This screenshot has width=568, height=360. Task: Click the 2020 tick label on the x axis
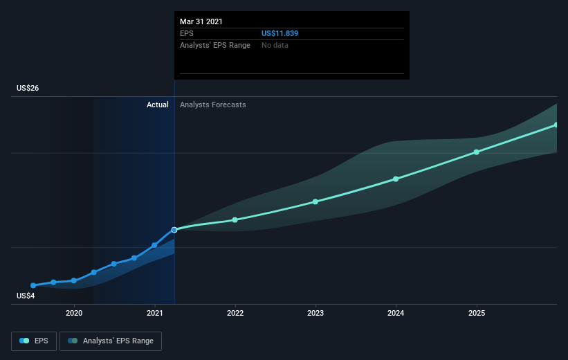tap(74, 313)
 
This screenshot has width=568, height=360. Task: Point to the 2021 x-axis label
tap(155, 313)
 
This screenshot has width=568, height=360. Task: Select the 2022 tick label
tap(235, 313)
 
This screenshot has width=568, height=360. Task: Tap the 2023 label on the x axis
tap(315, 313)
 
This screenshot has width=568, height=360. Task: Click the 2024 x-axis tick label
tap(396, 313)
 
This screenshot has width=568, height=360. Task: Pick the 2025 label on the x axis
tap(477, 313)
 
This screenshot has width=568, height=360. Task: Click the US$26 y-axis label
tap(28, 88)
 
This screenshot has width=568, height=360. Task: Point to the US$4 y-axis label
tap(26, 296)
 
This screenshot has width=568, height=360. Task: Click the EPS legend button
tap(34, 341)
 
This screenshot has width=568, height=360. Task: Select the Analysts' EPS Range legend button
tap(111, 341)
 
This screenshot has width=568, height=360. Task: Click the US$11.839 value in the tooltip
tap(280, 33)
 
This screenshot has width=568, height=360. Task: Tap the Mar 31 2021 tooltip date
tap(201, 21)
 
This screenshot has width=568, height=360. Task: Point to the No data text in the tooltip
tap(275, 45)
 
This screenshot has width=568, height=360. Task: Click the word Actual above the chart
tap(158, 105)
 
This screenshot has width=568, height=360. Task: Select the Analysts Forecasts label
tap(213, 105)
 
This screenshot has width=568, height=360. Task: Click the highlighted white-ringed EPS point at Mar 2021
tap(174, 230)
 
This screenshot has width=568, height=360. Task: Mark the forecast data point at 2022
tap(235, 220)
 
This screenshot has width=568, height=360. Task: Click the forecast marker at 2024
tap(396, 179)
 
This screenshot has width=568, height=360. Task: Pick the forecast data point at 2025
tap(477, 152)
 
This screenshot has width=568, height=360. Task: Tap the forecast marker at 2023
tap(315, 201)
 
